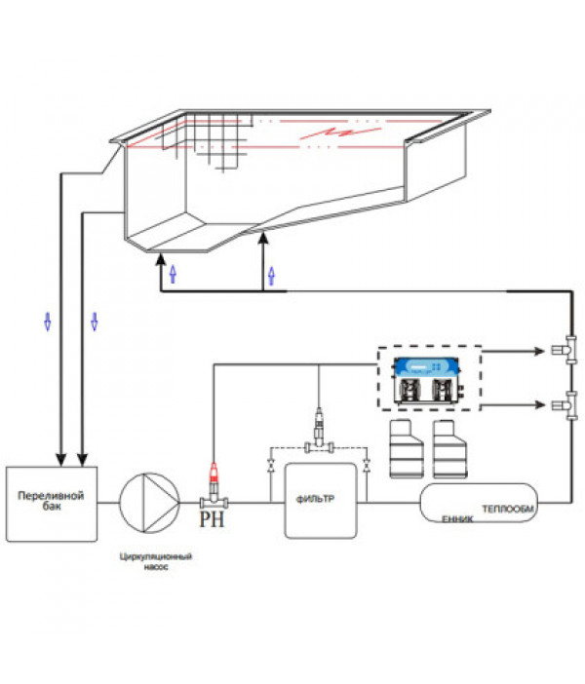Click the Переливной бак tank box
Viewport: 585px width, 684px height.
pyautogui.click(x=52, y=504)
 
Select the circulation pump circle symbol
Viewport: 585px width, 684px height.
pyautogui.click(x=149, y=503)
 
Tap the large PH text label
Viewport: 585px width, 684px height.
pyautogui.click(x=212, y=519)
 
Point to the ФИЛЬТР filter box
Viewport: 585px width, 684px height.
pyautogui.click(x=321, y=501)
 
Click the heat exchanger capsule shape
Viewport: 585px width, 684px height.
pyautogui.click(x=479, y=503)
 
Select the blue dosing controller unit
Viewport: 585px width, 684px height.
pyautogui.click(x=428, y=380)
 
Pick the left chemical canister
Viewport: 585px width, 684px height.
pyautogui.click(x=406, y=448)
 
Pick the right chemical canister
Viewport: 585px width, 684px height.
pyautogui.click(x=449, y=448)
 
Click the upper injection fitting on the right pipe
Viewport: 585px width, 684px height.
pyautogui.click(x=565, y=350)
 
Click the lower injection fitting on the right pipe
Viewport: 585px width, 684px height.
pyautogui.click(x=565, y=405)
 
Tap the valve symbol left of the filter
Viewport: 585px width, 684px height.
pyautogui.click(x=271, y=465)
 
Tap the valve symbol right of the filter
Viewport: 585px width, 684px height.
pyautogui.click(x=367, y=465)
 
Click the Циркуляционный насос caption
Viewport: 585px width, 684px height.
pyautogui.click(x=156, y=561)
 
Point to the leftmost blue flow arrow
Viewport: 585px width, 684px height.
pyautogui.click(x=48, y=322)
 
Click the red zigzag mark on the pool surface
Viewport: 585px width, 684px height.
pyautogui.click(x=340, y=133)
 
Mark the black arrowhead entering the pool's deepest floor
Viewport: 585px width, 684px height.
pyautogui.click(x=161, y=258)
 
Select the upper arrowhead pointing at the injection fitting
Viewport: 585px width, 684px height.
pyautogui.click(x=539, y=351)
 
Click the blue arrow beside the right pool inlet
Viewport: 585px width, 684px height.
pyautogui.click(x=272, y=276)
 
